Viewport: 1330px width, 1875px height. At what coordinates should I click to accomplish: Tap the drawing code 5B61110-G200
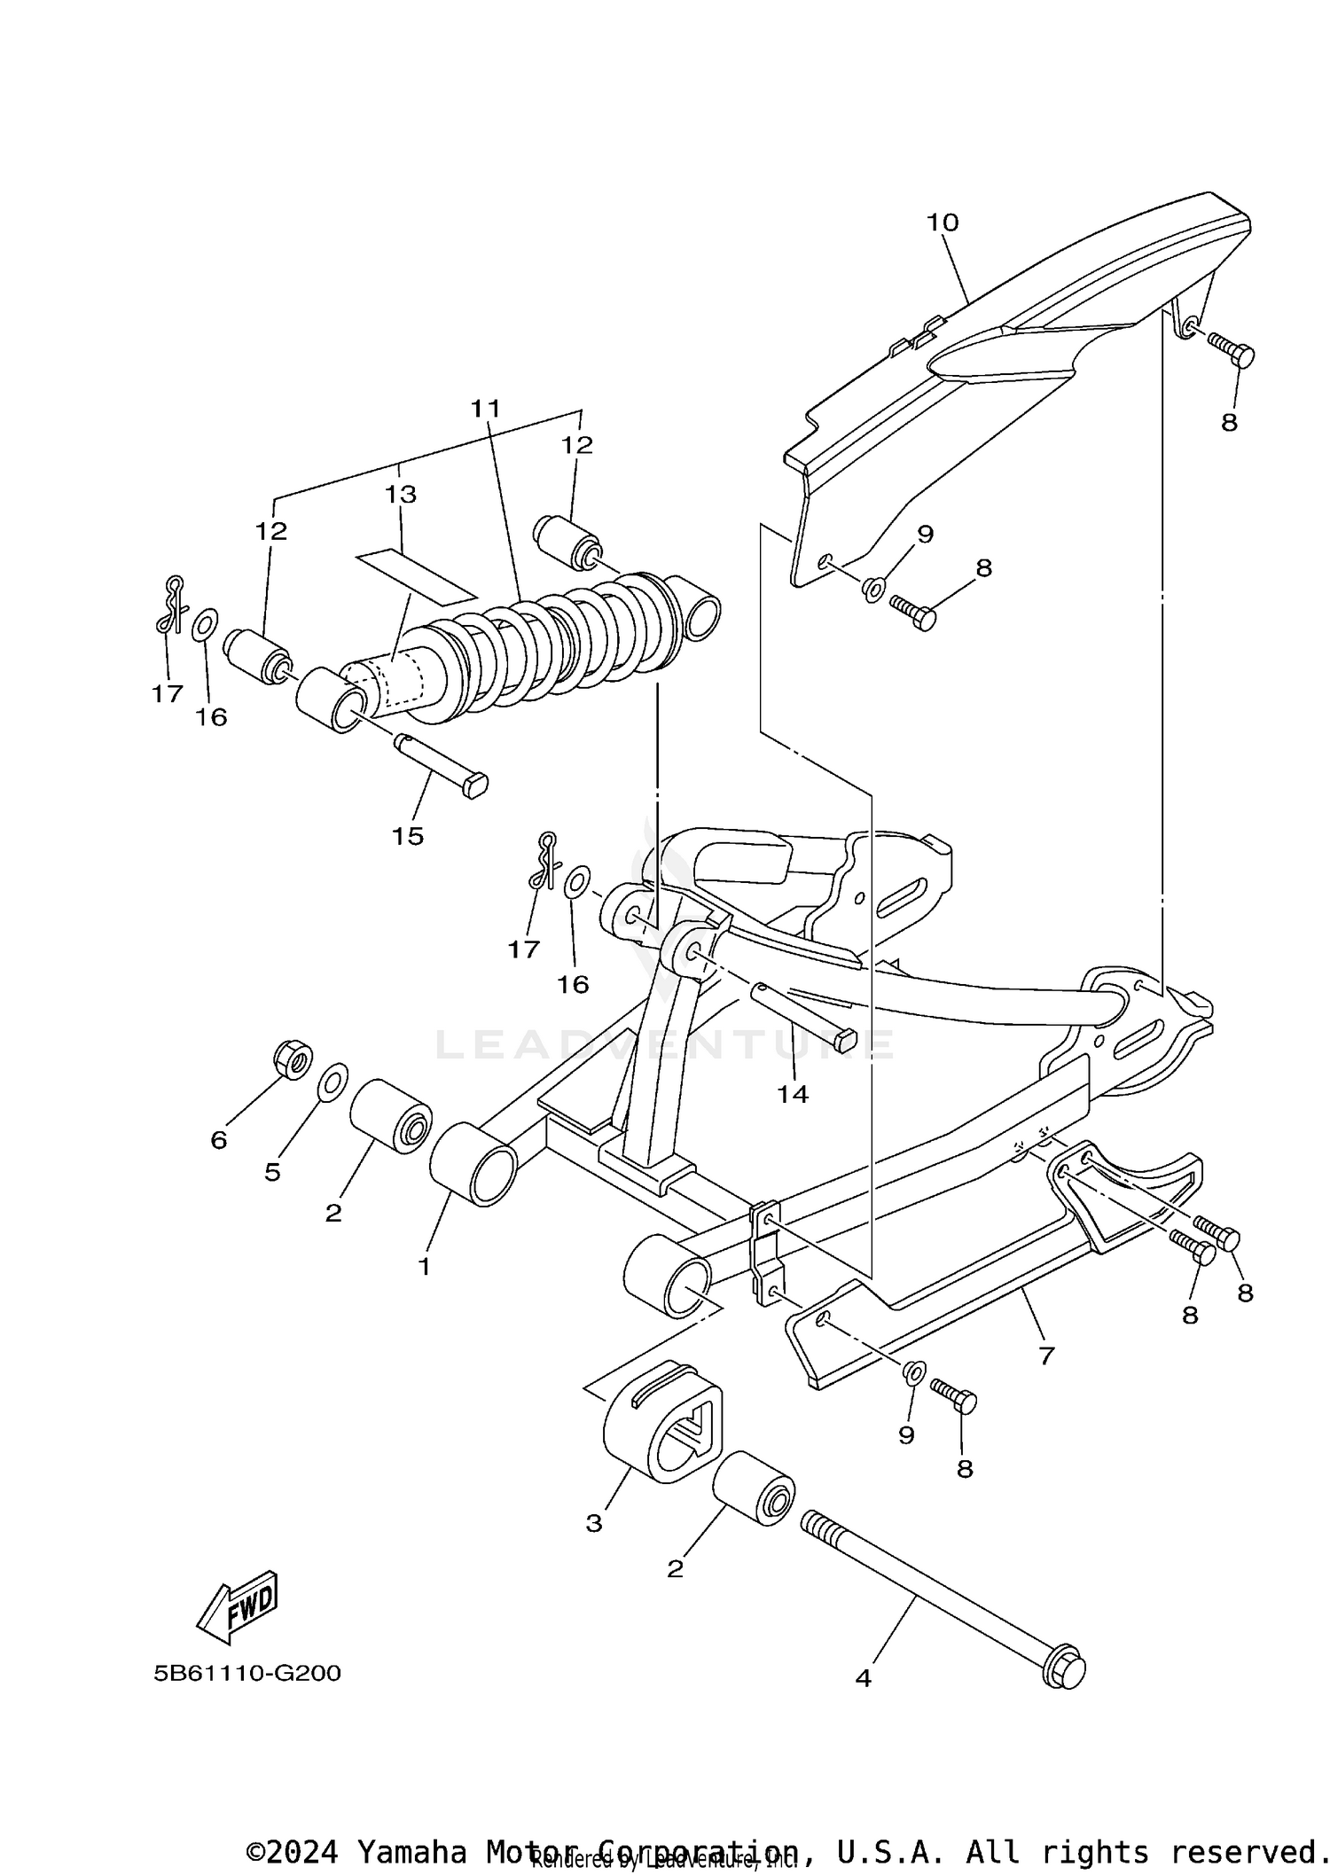[247, 1673]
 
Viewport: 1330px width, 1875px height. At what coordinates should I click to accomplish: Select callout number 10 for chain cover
[943, 223]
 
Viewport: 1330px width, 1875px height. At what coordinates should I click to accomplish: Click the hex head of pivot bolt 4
[1064, 1669]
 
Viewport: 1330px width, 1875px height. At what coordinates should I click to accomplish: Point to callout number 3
[594, 1523]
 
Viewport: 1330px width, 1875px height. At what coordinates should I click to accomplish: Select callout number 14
[793, 1095]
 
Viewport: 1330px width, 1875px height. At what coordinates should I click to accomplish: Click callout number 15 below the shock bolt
[408, 836]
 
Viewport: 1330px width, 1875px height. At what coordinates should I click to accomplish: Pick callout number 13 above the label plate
[401, 494]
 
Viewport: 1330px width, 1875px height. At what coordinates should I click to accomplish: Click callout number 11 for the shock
[486, 409]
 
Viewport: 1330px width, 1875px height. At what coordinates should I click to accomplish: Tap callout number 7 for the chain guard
[1046, 1355]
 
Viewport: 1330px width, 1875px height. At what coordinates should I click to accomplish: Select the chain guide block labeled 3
[663, 1417]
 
